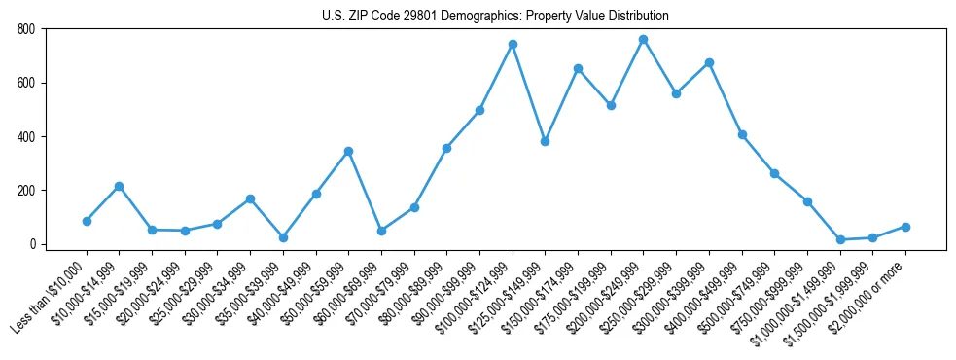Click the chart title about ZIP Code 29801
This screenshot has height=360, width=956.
point(495,17)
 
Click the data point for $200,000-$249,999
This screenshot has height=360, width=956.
point(643,40)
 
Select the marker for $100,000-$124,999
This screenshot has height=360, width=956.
point(513,45)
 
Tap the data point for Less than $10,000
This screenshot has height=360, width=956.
point(87,221)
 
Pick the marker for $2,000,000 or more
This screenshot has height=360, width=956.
point(905,227)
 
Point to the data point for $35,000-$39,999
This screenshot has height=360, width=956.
point(283,237)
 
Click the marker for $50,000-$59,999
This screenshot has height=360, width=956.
point(348,152)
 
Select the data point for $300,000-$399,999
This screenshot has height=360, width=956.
point(709,63)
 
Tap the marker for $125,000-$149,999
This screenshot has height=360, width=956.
point(545,141)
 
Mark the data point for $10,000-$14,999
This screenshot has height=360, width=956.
point(119,186)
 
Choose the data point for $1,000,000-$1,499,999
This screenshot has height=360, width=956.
point(840,239)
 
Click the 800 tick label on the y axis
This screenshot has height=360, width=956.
point(25,29)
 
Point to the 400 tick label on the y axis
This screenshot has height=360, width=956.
point(25,136)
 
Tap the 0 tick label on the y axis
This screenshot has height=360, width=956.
point(32,244)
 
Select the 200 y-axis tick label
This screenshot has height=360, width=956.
point(25,191)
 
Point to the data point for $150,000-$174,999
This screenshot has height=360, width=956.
point(578,69)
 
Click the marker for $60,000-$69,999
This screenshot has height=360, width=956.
point(381,231)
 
